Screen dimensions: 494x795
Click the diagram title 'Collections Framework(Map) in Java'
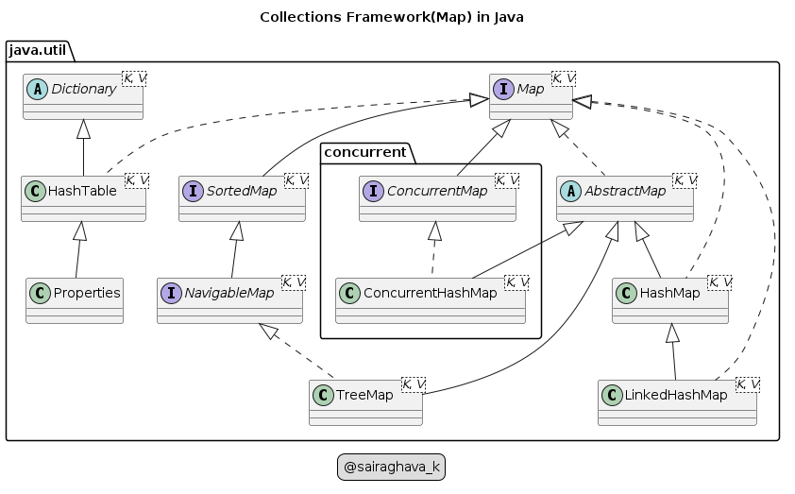(x=391, y=17)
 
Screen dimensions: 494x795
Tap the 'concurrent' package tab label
(x=365, y=151)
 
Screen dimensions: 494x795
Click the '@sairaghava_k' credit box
(x=391, y=467)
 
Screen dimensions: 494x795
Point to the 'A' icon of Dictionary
(x=38, y=90)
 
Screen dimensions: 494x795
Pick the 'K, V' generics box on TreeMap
(x=413, y=383)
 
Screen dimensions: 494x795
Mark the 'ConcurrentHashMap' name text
(x=431, y=293)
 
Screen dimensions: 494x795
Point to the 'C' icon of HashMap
(x=627, y=294)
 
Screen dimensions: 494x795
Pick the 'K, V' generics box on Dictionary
(x=135, y=77)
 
